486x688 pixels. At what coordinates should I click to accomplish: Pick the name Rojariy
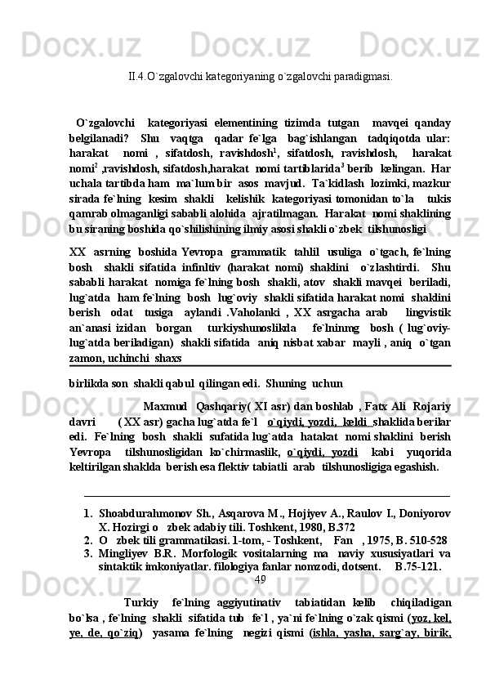[431, 383]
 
